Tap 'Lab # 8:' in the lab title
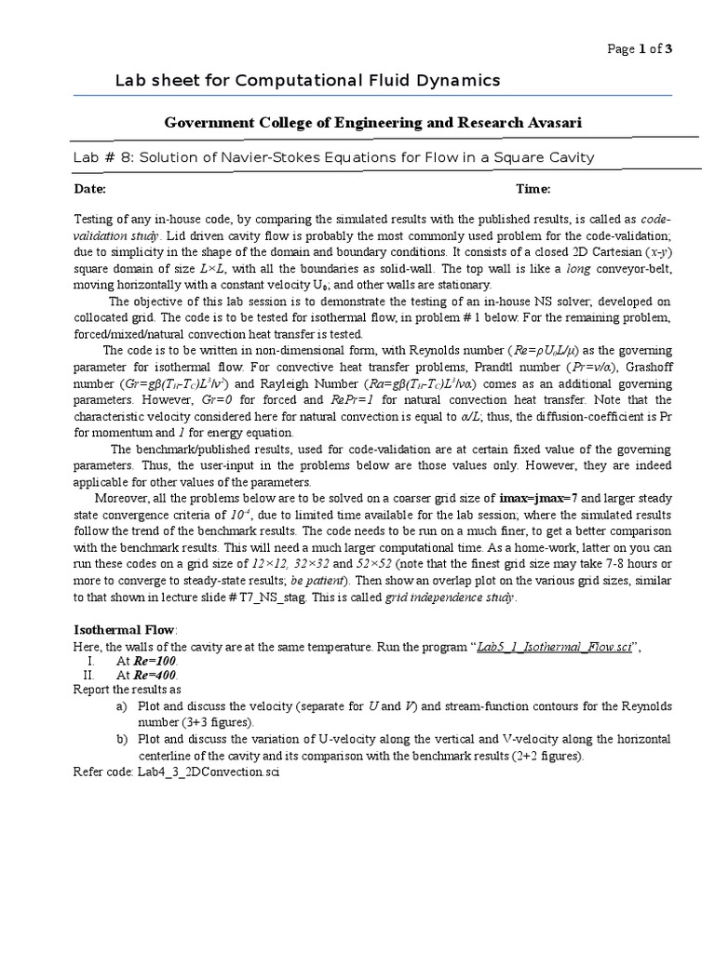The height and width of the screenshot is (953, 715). click(x=104, y=157)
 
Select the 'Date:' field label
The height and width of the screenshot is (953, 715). click(x=90, y=189)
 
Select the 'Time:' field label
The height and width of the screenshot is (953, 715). click(x=533, y=189)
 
